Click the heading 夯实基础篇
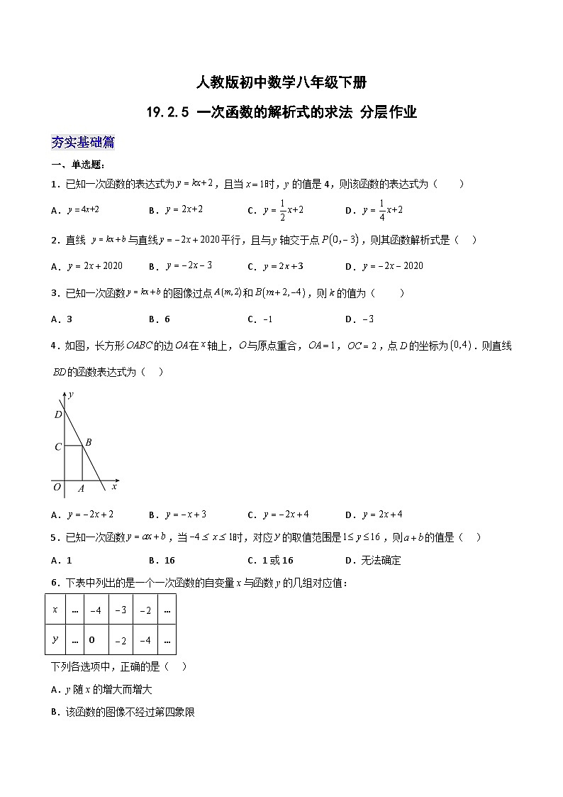click(83, 142)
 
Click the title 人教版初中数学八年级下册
click(281, 83)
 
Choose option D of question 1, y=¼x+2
click(375, 209)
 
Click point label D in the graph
click(58, 414)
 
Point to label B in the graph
click(89, 442)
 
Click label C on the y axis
click(58, 447)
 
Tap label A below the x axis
click(81, 488)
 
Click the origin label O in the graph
click(57, 487)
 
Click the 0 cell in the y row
click(93, 640)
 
